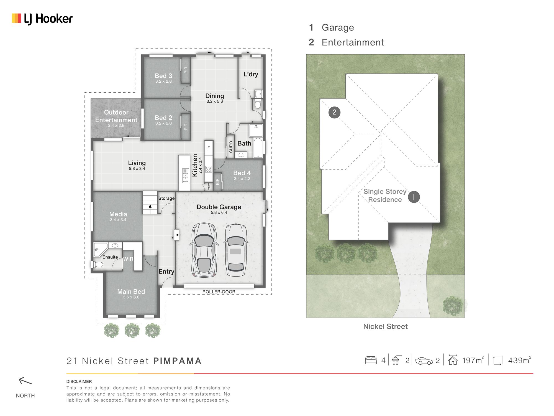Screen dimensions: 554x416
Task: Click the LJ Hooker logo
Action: coord(42,19)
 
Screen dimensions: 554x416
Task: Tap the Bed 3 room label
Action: coord(163,76)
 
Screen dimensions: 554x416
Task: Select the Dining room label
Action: coord(215,96)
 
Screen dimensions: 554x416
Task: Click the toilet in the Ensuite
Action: coord(98,265)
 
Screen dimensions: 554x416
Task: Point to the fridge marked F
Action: coord(209,148)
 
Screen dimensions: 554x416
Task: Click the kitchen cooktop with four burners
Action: coord(209,169)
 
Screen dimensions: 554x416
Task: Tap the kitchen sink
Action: coord(186,176)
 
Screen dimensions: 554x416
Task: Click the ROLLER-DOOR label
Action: coord(219,292)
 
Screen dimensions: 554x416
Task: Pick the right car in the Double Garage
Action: coord(236,250)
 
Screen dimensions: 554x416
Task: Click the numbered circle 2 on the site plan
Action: coord(334,112)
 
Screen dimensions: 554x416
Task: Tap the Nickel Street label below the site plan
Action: coord(385,326)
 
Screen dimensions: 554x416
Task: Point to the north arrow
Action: coord(25,381)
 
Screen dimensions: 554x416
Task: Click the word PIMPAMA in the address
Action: coord(177,361)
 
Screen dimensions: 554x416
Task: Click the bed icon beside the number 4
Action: coord(371,360)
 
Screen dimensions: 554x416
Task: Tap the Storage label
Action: coord(166,198)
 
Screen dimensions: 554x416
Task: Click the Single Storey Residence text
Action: coord(385,196)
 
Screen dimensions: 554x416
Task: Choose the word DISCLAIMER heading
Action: coord(79,382)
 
